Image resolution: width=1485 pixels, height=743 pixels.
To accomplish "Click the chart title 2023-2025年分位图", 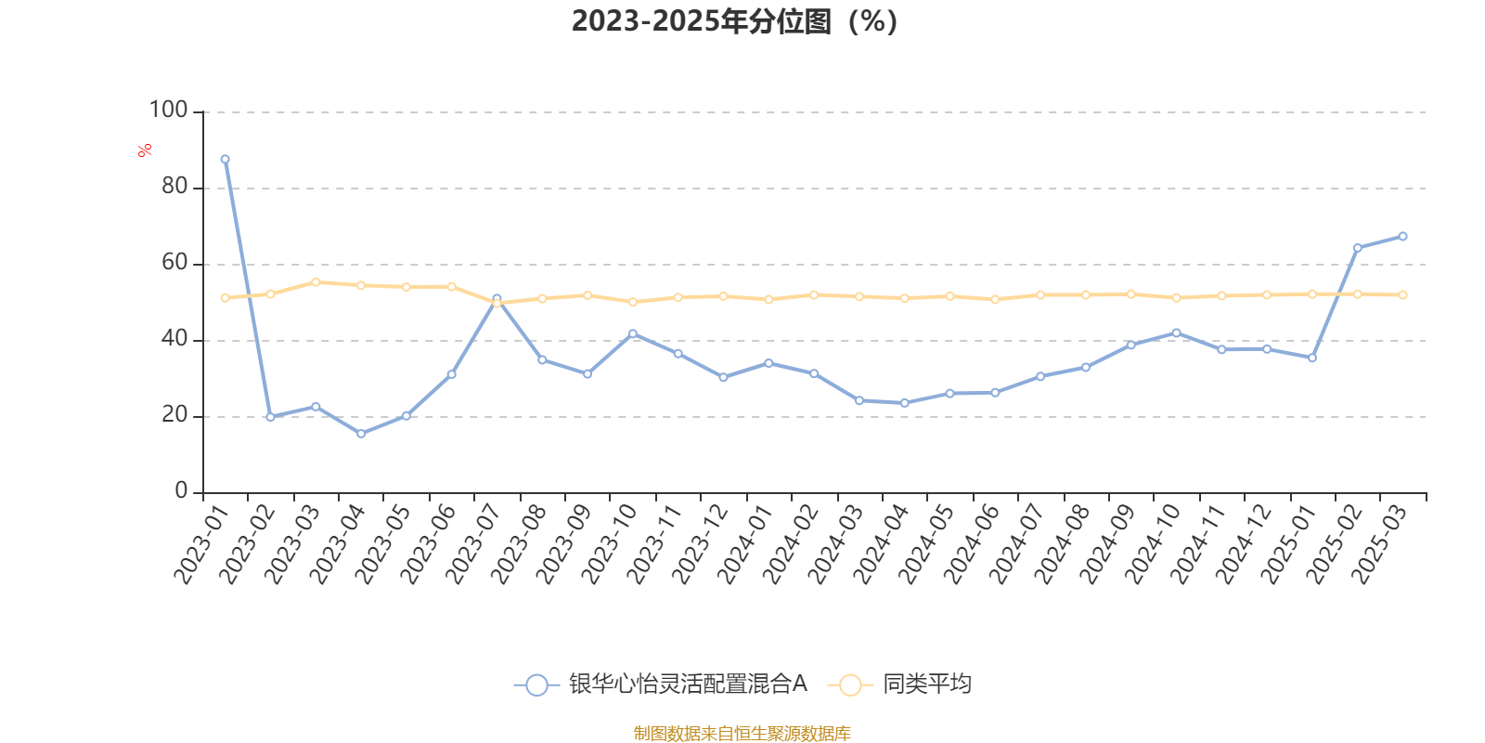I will click(734, 21).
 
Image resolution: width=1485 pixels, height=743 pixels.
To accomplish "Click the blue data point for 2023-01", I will click(226, 159).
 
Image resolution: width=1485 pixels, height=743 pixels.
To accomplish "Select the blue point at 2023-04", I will click(361, 434).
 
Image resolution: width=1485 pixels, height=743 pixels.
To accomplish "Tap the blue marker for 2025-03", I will click(1402, 236).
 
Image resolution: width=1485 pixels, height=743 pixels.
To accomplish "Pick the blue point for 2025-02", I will click(1357, 248).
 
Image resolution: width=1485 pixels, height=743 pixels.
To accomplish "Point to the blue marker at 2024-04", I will click(905, 403).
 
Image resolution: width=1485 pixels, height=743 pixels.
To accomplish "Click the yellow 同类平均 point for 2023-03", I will click(316, 281).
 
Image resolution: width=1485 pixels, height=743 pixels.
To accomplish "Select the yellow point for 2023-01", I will click(226, 298).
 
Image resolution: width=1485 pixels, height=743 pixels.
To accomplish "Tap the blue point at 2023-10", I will click(633, 333).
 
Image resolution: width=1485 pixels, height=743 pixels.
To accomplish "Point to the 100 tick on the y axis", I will click(168, 111).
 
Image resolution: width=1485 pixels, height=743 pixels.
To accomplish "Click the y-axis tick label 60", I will click(174, 263).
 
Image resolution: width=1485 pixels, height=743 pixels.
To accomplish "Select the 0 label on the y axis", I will click(181, 491).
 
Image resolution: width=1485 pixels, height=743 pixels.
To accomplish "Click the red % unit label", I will click(145, 150).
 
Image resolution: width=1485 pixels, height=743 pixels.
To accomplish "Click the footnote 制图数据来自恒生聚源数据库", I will click(742, 734).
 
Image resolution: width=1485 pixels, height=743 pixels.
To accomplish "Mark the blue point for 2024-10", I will click(1176, 332).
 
